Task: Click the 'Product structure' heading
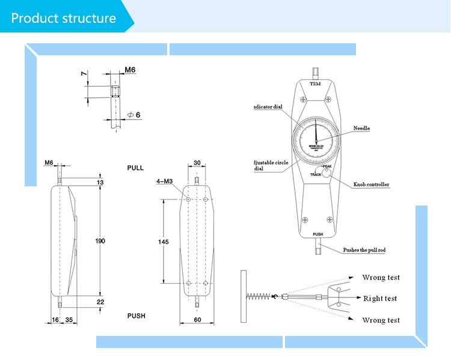[63, 17]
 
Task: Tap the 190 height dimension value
[100, 241]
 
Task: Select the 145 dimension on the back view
[163, 242]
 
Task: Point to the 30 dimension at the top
[197, 163]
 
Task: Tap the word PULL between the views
[135, 168]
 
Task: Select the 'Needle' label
[361, 129]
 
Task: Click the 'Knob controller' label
[370, 185]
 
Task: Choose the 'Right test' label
[380, 299]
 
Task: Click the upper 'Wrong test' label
[381, 278]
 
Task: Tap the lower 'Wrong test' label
[381, 320]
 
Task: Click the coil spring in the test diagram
[259, 296]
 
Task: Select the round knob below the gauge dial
[327, 173]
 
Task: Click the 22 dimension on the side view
[100, 302]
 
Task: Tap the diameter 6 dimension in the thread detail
[135, 115]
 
